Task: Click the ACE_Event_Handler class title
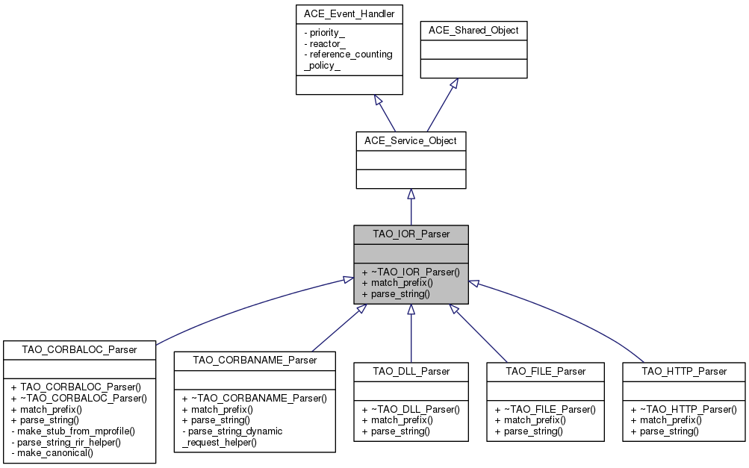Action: (349, 13)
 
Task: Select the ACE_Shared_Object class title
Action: (474, 31)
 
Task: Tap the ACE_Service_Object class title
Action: (411, 140)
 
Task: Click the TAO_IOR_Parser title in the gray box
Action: (411, 234)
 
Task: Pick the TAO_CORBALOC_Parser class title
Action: (80, 349)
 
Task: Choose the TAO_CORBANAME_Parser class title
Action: (255, 360)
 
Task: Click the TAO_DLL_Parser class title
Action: (411, 371)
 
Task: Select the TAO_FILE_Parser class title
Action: (545, 371)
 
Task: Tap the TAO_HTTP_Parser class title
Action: (684, 371)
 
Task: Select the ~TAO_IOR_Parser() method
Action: (410, 272)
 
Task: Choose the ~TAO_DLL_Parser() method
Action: (410, 409)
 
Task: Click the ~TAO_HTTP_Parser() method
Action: (683, 409)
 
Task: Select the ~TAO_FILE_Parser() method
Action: (544, 409)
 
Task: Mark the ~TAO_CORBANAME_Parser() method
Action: (254, 399)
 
